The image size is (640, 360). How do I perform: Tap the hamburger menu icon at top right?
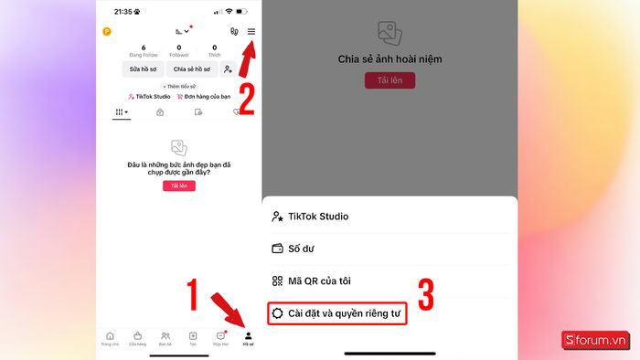[251, 31]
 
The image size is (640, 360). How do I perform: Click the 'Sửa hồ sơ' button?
[144, 69]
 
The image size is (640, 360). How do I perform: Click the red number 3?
[426, 295]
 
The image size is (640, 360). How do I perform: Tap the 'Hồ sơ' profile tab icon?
[248, 336]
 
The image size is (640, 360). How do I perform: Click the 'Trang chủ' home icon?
[111, 336]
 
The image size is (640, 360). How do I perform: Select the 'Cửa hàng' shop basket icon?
[138, 336]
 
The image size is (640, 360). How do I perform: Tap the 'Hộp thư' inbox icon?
[220, 336]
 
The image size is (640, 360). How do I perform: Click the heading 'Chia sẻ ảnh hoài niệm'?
[389, 58]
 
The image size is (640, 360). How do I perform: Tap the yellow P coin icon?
[107, 31]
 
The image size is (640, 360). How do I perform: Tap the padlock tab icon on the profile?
[160, 112]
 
